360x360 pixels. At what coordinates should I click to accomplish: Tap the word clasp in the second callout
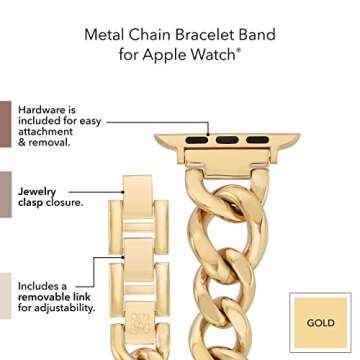coord(34,203)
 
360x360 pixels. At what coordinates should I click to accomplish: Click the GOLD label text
coord(321,323)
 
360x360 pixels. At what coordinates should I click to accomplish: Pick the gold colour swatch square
coord(321,322)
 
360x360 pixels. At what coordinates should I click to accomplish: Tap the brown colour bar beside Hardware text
coord(6,124)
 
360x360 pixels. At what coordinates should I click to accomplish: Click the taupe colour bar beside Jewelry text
coord(6,196)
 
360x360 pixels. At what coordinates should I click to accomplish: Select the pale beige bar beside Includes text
coord(6,297)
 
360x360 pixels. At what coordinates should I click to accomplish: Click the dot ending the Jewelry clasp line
coord(125,187)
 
